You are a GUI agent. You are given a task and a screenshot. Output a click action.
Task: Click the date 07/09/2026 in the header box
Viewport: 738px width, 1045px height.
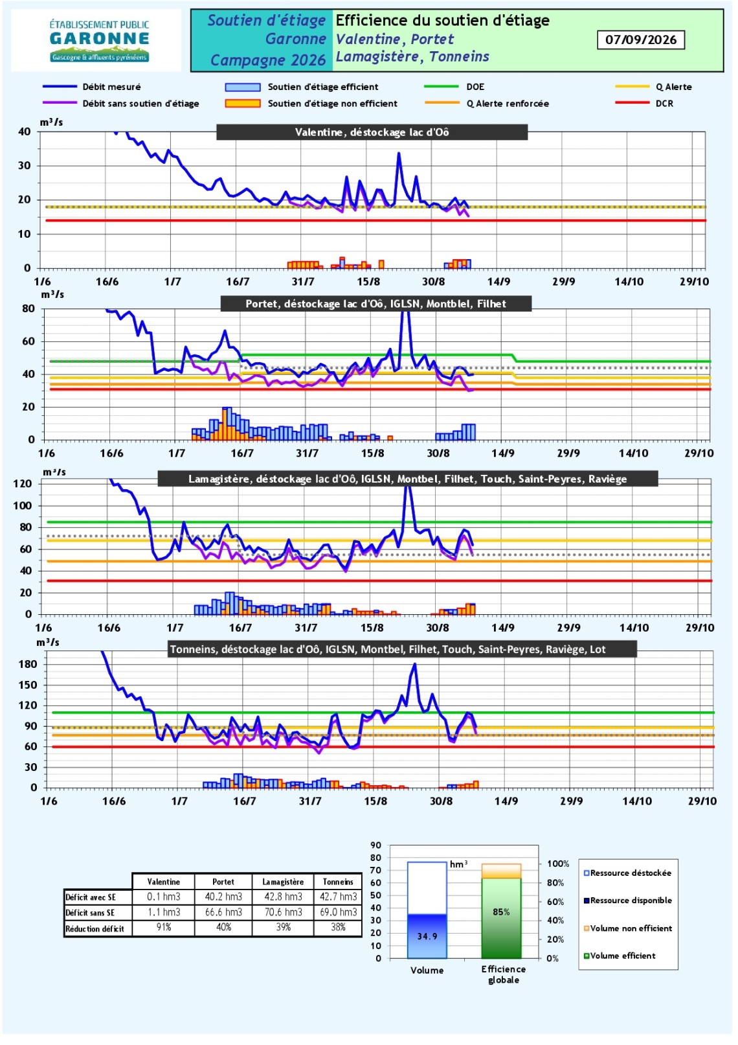click(640, 40)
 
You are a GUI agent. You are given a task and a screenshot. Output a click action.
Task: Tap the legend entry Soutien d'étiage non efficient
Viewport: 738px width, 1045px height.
click(311, 103)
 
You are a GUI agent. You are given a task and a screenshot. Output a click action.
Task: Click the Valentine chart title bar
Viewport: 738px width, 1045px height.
click(372, 132)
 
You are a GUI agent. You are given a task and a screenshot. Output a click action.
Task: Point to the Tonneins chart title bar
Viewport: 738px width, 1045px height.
click(403, 649)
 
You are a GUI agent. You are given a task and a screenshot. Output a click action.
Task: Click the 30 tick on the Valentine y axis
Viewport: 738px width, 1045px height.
click(24, 166)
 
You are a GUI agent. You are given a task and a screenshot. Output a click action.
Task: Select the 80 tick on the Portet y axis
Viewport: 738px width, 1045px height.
click(28, 308)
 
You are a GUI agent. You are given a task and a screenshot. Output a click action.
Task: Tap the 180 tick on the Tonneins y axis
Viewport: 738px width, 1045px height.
click(28, 664)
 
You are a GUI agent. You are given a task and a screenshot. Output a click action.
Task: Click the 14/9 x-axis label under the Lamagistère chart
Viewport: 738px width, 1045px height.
click(502, 628)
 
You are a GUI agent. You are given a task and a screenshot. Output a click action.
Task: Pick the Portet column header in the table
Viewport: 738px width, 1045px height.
click(223, 881)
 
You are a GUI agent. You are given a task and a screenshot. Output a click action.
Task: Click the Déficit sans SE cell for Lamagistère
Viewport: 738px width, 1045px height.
click(283, 912)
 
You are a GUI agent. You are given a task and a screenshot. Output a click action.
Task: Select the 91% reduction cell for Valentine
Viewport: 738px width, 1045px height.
click(164, 928)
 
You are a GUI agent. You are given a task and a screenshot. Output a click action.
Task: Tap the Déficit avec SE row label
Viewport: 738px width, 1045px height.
click(91, 897)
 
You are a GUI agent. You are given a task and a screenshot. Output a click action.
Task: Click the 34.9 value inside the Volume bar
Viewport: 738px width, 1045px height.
click(427, 936)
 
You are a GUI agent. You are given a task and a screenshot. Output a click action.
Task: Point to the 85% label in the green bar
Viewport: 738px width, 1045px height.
click(501, 912)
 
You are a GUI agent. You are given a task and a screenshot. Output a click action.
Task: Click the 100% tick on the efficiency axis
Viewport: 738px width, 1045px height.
click(558, 864)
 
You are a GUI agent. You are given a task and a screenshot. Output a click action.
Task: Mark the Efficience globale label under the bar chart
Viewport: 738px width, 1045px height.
click(504, 974)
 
